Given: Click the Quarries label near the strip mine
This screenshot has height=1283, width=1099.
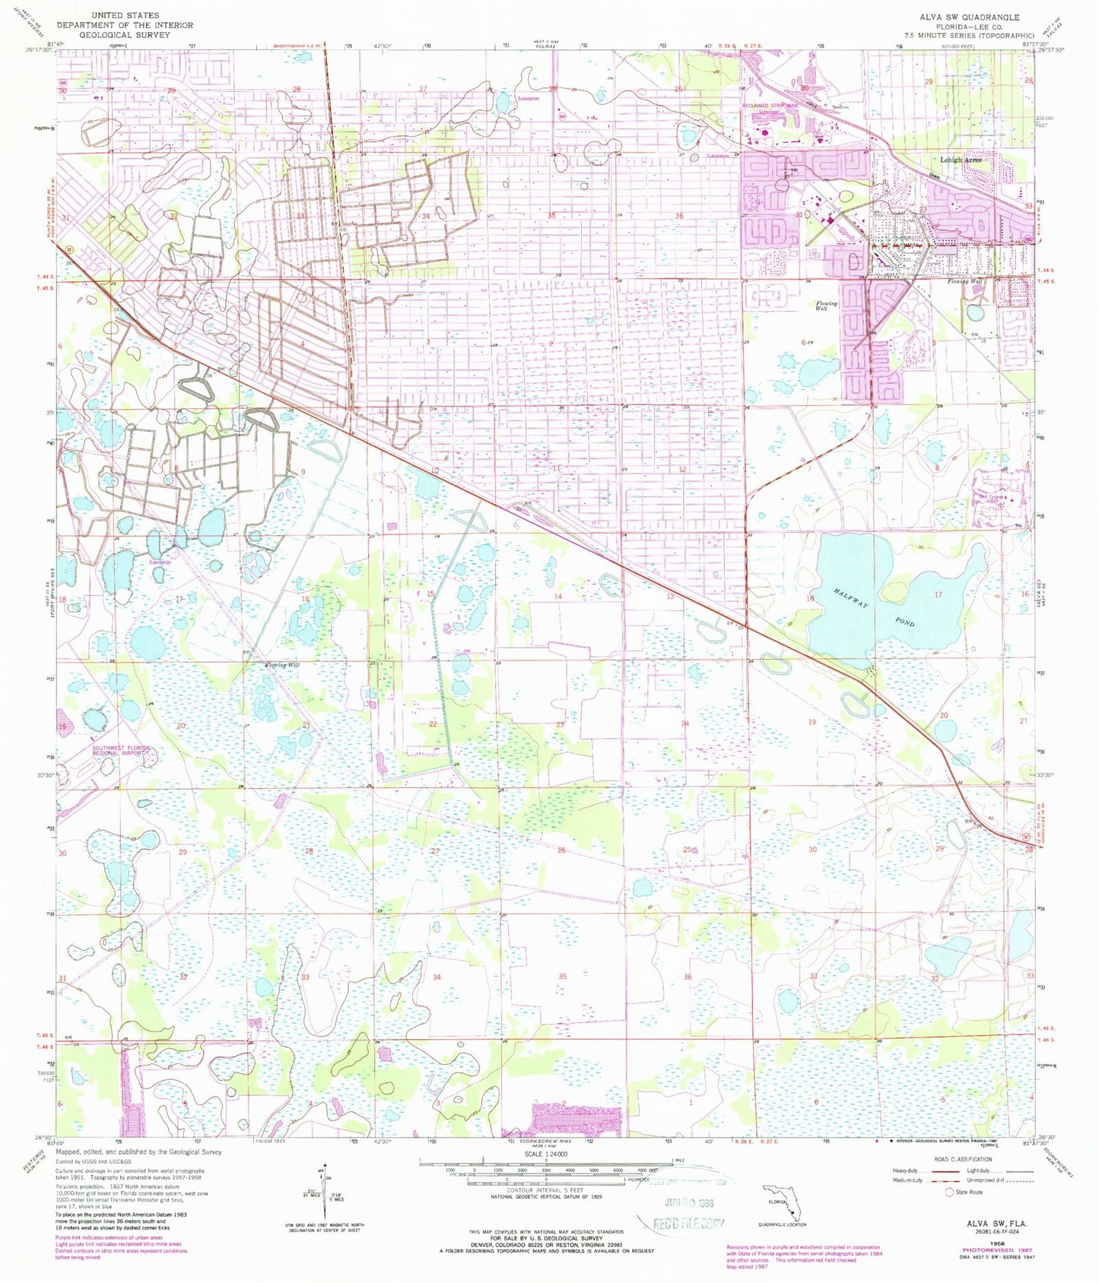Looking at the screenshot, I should click(840, 107).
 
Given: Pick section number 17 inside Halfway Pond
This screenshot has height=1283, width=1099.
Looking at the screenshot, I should click(938, 594).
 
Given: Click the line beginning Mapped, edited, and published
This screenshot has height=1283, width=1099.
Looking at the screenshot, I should click(144, 1152).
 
